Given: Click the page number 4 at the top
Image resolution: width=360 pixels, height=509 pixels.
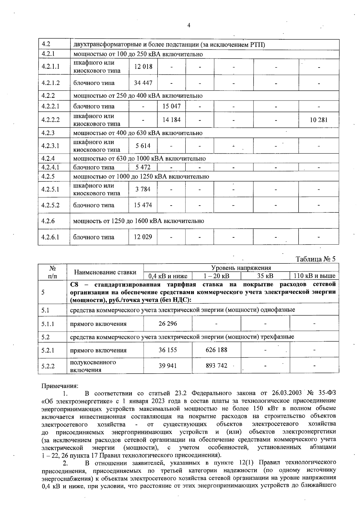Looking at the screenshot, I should pyautogui.click(x=189, y=26).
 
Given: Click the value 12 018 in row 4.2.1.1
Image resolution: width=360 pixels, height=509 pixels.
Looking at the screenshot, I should pyautogui.click(x=143, y=67).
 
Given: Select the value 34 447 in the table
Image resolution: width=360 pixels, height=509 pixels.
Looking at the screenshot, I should pyautogui.click(x=143, y=83).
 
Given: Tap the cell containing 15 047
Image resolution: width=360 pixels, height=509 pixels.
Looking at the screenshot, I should pyautogui.click(x=171, y=106).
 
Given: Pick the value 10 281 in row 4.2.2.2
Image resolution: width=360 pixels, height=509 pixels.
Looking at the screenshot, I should pyautogui.click(x=319, y=120).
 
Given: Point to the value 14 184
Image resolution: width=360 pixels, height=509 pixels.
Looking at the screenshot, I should pyautogui.click(x=171, y=120).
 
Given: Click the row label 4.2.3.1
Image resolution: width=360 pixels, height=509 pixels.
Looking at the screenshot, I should pyautogui.click(x=50, y=146).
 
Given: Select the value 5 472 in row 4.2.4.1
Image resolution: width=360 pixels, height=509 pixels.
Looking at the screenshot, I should pyautogui.click(x=143, y=167).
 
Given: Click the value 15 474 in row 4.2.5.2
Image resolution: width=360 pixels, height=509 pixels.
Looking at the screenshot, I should pyautogui.click(x=143, y=205).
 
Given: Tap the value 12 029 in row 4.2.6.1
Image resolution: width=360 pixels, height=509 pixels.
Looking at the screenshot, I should pyautogui.click(x=143, y=237).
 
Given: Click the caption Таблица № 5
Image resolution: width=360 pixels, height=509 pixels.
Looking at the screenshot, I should pyautogui.click(x=316, y=259).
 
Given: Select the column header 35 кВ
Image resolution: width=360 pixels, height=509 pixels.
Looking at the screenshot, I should pyautogui.click(x=265, y=276).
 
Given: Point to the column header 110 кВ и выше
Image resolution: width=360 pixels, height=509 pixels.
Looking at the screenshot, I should pyautogui.click(x=314, y=276).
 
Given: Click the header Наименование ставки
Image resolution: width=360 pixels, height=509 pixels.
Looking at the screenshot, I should pyautogui.click(x=105, y=272).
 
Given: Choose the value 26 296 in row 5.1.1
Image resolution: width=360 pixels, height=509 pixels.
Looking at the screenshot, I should pyautogui.click(x=168, y=324).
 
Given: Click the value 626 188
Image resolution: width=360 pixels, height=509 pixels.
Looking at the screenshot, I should pyautogui.click(x=216, y=350).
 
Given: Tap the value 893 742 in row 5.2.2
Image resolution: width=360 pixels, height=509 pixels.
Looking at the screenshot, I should pyautogui.click(x=216, y=366).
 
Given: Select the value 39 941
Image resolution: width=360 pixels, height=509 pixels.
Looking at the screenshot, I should pyautogui.click(x=168, y=366).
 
